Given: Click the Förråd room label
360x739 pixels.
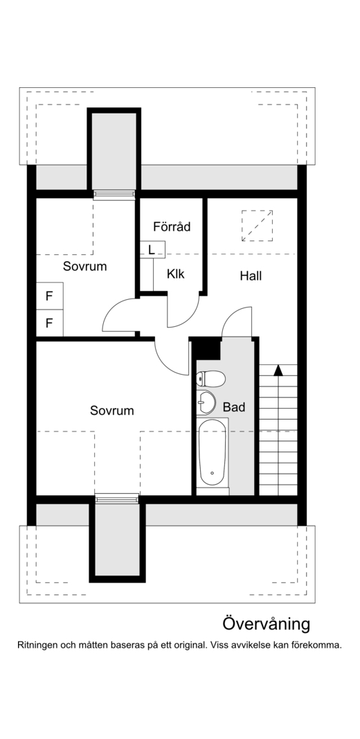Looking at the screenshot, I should tap(172, 226).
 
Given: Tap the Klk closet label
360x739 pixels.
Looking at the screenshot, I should tap(176, 274).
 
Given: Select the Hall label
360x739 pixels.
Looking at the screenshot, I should tap(251, 276).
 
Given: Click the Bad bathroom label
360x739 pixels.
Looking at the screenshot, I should tap(234, 407).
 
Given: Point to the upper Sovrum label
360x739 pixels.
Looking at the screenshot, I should tap(85, 266).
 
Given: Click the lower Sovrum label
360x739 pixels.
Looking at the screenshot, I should tap(111, 411).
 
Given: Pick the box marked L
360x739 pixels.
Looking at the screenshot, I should tap(152, 249).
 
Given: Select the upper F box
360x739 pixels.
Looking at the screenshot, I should tap(49, 296).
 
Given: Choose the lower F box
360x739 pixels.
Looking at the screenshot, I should tap(49, 322).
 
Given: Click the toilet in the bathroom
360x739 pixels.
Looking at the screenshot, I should tap(211, 378).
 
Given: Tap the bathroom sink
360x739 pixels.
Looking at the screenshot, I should tap(206, 401).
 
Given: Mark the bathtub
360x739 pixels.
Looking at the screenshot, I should tap(213, 454).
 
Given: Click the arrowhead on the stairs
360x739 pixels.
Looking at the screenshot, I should tap(278, 370).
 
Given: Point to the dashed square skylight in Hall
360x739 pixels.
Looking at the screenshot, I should tap(257, 225).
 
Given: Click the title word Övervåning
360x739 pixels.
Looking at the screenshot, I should tap(266, 624).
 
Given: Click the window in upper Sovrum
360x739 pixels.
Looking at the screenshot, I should tap(114, 195).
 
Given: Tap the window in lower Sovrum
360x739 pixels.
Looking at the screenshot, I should tap(116, 498).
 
